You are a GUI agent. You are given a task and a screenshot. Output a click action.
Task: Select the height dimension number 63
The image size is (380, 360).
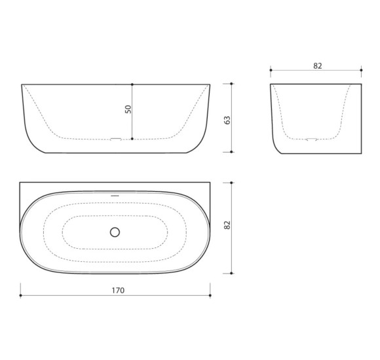pos(227,119)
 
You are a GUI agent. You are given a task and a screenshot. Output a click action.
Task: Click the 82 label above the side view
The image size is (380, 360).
pos(318,65)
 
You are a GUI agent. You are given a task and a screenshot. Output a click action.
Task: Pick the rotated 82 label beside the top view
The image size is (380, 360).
pos(227,225)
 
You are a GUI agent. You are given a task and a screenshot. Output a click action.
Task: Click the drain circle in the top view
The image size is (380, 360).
pos(115,232)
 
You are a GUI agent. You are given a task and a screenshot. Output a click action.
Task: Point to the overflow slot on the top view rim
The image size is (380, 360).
pos(115,194)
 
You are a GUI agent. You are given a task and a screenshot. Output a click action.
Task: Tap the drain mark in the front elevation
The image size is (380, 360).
pos(115,139)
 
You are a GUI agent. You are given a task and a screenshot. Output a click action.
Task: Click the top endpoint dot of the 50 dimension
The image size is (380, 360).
pos(132,84)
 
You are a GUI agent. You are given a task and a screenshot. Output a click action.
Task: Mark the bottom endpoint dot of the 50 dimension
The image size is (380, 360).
pos(132,139)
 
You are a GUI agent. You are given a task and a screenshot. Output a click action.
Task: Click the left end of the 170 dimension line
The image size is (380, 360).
pos(20,295)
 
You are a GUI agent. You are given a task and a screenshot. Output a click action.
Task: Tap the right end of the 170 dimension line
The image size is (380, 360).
pos(210,295)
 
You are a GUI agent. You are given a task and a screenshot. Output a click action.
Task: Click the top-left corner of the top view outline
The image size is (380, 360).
pos(20,183)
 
